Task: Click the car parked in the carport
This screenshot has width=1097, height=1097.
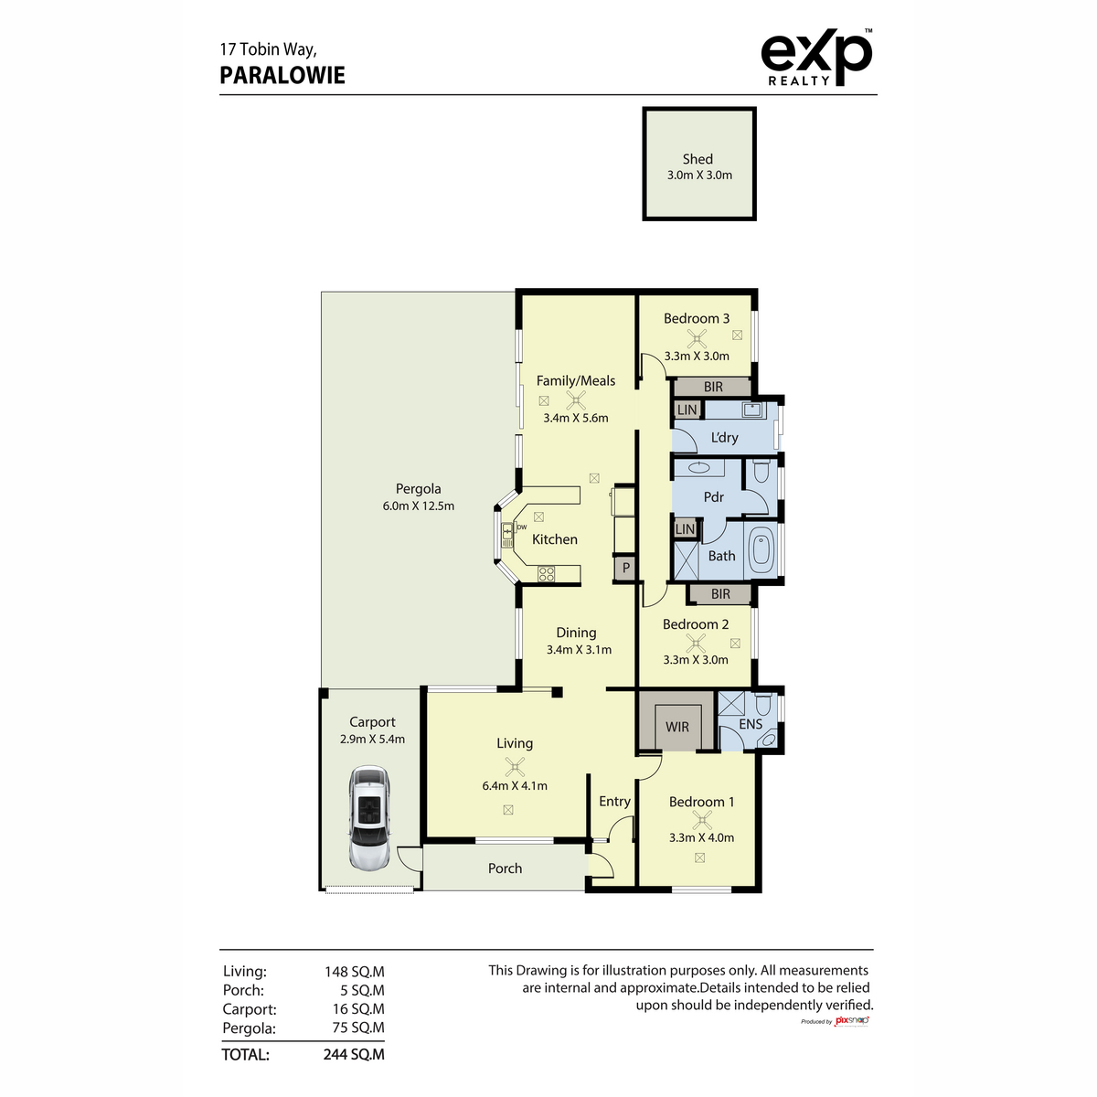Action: [370, 819]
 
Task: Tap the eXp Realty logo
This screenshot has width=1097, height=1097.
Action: [815, 59]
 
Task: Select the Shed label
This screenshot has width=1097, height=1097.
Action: [698, 159]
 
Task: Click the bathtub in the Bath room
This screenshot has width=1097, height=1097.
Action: [762, 551]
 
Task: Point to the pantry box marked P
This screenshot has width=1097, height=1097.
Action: [625, 568]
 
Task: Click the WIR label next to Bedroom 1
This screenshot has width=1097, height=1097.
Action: [677, 727]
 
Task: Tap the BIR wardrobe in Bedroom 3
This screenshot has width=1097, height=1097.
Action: [713, 387]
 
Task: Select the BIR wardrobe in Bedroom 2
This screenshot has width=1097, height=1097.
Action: [720, 594]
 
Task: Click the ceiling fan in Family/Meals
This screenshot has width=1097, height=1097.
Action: [576, 399]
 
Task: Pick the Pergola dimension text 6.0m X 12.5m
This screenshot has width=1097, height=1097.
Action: [418, 506]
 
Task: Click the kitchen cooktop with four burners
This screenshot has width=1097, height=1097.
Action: [547, 574]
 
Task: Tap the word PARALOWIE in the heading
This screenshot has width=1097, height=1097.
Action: [282, 75]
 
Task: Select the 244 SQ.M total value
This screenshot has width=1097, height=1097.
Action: [354, 1054]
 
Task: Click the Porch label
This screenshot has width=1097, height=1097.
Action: [505, 868]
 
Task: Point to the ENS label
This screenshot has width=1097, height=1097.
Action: [751, 724]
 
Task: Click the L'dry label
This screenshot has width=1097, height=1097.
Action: [724, 438]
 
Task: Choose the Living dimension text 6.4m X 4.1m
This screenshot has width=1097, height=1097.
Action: [515, 785]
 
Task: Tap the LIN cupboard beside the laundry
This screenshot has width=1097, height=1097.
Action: [687, 410]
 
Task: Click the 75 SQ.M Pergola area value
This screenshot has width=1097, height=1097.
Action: [357, 1028]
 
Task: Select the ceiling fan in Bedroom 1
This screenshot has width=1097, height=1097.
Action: [701, 819]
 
